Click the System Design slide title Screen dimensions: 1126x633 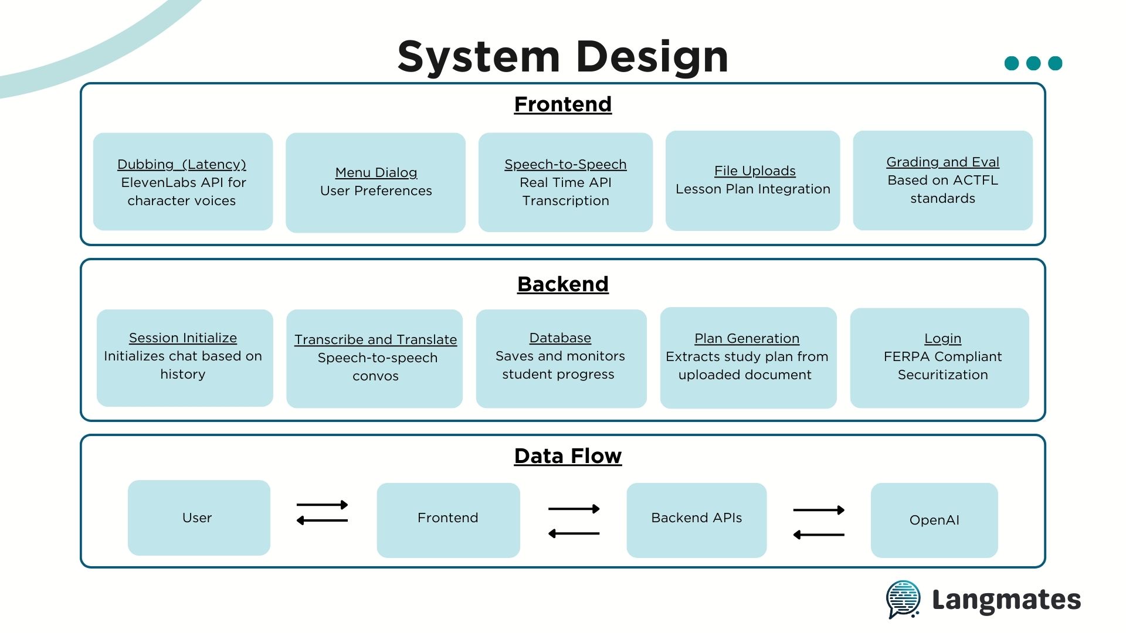pos(563,57)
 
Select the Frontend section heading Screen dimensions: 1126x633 pos(563,104)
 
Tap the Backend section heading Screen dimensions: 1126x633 pos(563,284)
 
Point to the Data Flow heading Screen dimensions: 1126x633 pos(568,456)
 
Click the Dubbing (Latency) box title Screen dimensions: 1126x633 pos(182,165)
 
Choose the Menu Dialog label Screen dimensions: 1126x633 pos(376,172)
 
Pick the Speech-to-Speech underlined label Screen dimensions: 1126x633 pos(565,165)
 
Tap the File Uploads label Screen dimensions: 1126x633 pos(755,171)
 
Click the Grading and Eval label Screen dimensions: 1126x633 pos(942,162)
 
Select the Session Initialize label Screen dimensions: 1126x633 pos(183,338)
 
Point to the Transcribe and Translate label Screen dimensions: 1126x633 pos(375,339)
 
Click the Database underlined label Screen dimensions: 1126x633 pos(560,338)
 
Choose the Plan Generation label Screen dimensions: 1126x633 pos(747,338)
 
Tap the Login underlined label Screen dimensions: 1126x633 pos(942,339)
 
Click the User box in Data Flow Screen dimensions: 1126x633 pos(199,518)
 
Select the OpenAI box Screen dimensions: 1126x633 pos(934,520)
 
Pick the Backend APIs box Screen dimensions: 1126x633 pos(697,520)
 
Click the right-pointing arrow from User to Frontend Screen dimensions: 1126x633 pos(322,505)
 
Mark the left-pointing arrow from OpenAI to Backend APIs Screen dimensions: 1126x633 pos(819,535)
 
